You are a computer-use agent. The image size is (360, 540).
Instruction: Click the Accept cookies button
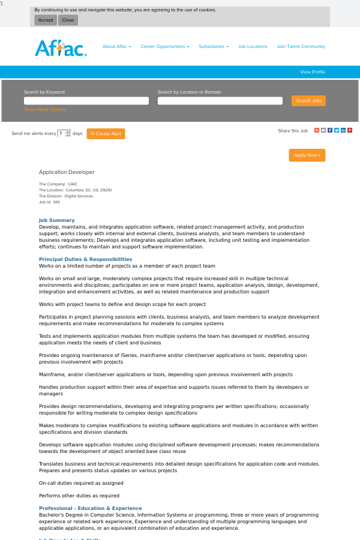tap(46, 20)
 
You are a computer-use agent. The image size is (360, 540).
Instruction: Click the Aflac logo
tap(61, 47)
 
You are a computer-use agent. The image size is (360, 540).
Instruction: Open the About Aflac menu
tap(116, 46)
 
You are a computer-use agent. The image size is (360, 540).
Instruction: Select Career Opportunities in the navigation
tap(164, 46)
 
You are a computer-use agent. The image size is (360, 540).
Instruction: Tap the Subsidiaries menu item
tap(213, 46)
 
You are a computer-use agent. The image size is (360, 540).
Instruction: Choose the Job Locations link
tap(253, 46)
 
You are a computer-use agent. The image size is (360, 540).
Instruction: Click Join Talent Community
tap(301, 46)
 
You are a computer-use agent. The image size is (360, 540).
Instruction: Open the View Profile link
tap(313, 72)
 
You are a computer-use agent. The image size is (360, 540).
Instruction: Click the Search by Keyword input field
tap(86, 101)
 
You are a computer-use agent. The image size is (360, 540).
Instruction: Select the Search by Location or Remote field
tap(220, 101)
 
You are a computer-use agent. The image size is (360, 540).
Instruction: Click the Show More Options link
tap(45, 110)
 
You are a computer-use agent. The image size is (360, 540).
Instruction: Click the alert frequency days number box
tap(62, 133)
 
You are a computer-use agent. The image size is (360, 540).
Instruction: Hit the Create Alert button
tap(106, 134)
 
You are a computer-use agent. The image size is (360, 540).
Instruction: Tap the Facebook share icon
tap(330, 130)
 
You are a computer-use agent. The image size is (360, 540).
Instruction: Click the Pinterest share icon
tap(350, 130)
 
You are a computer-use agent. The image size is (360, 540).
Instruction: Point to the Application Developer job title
tap(67, 172)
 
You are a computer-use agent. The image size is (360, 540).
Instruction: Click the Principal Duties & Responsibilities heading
tap(85, 259)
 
